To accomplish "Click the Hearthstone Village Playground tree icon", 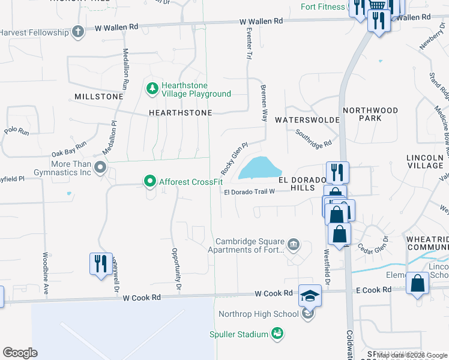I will (152, 89).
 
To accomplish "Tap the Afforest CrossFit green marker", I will (149, 181).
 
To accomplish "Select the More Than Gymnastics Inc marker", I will (100, 167).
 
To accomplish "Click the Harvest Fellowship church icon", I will (78, 32).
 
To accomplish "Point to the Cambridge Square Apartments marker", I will (294, 244).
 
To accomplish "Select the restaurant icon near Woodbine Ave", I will (100, 263).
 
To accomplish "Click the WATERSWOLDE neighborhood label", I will (304, 120).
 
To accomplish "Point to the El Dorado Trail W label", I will (249, 192).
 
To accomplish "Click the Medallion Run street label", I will (125, 69).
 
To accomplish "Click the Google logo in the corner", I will (20, 352).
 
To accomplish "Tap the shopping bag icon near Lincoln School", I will (417, 283).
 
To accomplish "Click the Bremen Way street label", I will (263, 103).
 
